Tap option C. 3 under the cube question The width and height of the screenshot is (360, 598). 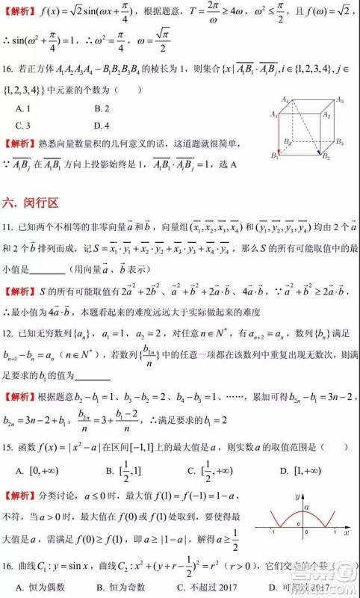[x=23, y=125]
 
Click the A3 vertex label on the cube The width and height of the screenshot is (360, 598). [x=339, y=99]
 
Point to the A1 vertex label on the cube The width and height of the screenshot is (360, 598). [x=275, y=114]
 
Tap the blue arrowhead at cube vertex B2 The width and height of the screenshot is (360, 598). [x=320, y=155]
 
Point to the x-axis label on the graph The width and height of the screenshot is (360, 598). [x=347, y=535]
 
